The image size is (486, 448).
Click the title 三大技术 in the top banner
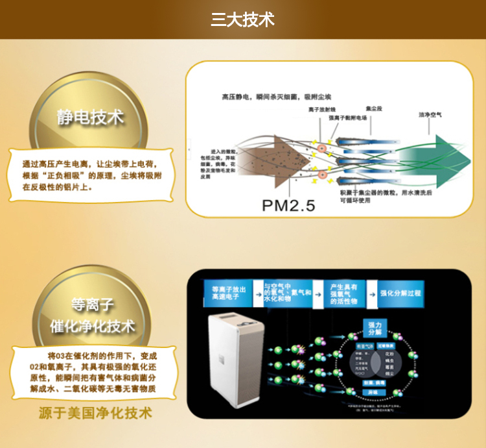[242, 19]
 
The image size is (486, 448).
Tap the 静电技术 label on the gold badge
[90, 118]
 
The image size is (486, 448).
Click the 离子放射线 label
[322, 110]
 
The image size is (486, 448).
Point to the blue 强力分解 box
[376, 327]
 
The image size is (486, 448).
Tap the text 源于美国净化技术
[95, 413]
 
